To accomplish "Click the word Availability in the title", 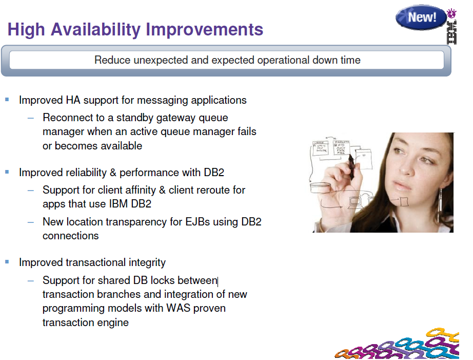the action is pos(95,30).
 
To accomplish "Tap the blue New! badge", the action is pos(421,17).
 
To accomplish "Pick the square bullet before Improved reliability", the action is pos(7,172).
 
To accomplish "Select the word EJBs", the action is pos(198,222).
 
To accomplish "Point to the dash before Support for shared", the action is pos(31,281).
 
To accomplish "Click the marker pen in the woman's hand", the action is pos(351,167).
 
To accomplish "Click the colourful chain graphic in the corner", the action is pos(397,345).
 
